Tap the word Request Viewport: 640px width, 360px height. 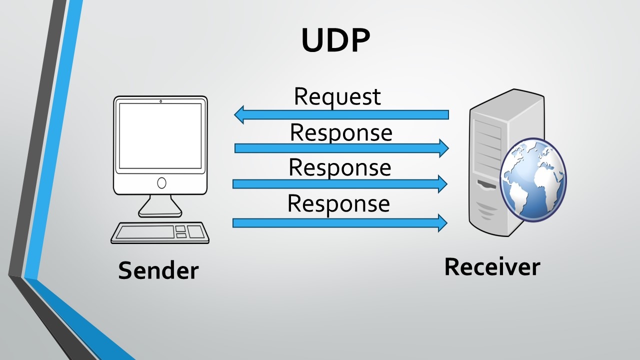(337, 96)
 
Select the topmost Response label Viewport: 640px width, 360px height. (341, 132)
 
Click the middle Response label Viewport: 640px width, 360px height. (339, 167)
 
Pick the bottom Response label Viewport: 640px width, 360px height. (338, 203)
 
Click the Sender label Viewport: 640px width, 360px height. (158, 270)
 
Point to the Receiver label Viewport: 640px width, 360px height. (492, 266)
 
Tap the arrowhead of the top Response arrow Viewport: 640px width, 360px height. (443, 148)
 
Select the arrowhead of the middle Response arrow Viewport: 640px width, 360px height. (441, 184)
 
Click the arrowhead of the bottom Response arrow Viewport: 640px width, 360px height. (441, 222)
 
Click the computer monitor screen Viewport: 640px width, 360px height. (160, 136)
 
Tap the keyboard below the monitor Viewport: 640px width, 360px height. (160, 232)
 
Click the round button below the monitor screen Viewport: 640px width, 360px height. (161, 183)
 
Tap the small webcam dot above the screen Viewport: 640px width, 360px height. (160, 101)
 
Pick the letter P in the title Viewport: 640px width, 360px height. (359, 40)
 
